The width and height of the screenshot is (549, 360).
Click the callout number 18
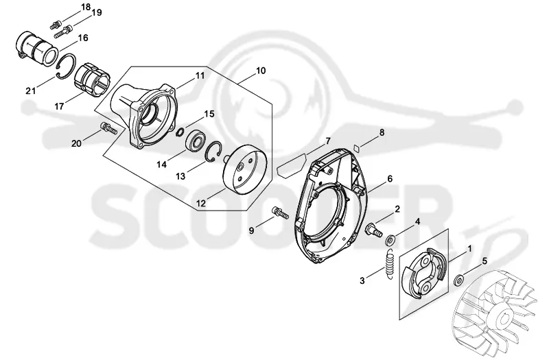(85, 8)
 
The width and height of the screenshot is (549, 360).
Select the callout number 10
(261, 71)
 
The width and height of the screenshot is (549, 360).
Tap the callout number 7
(328, 141)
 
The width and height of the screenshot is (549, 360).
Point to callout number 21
(31, 91)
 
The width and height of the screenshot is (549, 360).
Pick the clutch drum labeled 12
(245, 169)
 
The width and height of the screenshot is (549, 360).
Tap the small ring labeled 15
(180, 132)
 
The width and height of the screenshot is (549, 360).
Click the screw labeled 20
(108, 128)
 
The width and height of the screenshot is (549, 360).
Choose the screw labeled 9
(279, 212)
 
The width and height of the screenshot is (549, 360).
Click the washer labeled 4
(390, 241)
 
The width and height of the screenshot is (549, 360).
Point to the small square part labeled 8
(357, 147)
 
